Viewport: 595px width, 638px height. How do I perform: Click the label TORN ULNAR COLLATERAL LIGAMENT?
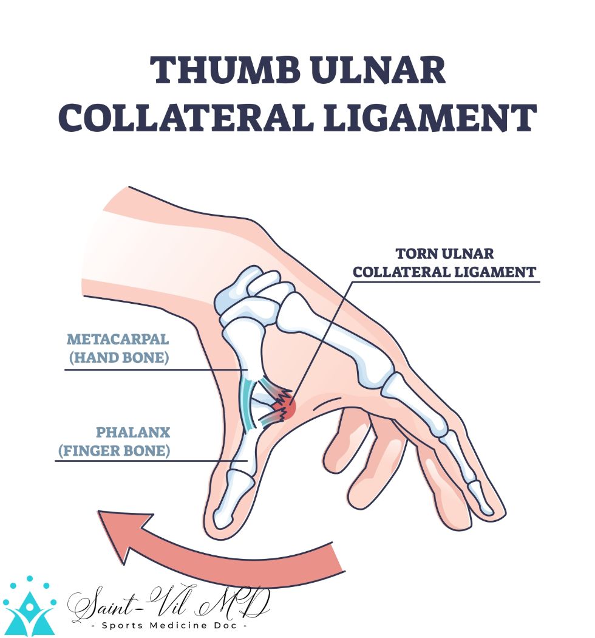tap(445, 262)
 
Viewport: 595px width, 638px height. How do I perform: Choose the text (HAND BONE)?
tap(118, 357)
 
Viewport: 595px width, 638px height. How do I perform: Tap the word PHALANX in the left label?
tap(133, 432)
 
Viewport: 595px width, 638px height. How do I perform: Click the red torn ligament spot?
tap(288, 408)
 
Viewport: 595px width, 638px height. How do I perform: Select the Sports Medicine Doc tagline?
tap(167, 625)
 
